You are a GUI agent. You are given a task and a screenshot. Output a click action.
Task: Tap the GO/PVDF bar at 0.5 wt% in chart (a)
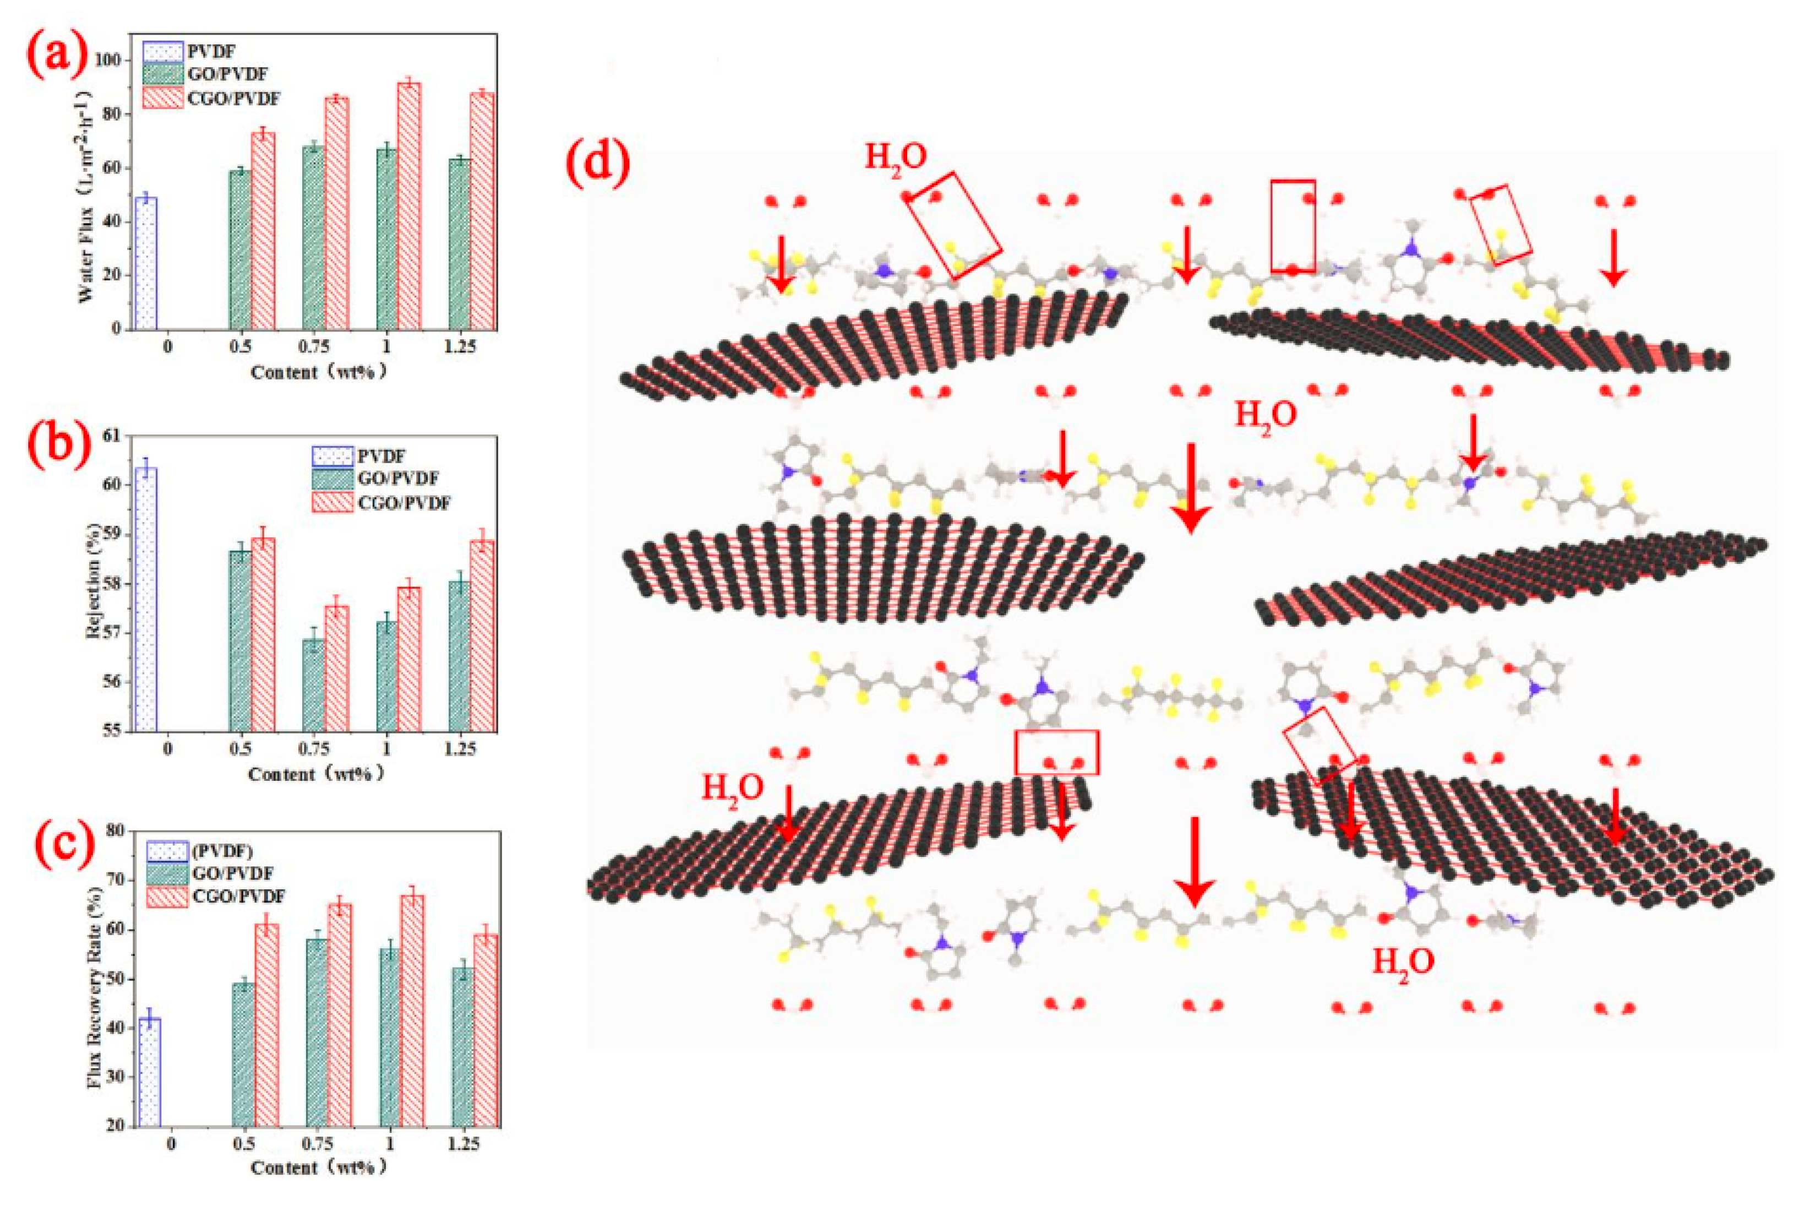click(x=241, y=249)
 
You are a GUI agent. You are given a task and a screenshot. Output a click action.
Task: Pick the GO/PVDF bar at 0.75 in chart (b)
click(x=313, y=685)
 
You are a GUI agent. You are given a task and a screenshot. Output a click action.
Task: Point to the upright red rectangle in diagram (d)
click(x=1293, y=226)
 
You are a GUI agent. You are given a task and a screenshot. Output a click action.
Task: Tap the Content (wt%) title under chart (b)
click(x=315, y=774)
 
